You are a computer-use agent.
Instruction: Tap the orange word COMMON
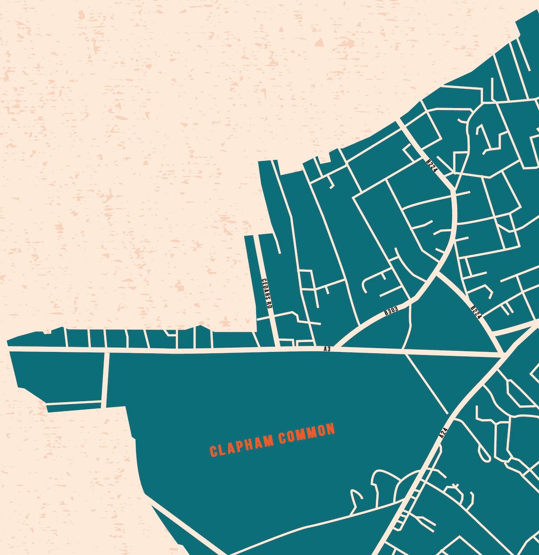coord(307,435)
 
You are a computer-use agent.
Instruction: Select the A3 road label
coord(327,349)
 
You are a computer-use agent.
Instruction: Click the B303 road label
coord(391,311)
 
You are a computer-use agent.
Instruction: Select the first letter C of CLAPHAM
coord(213,451)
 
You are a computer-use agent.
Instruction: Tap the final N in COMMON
coord(331,430)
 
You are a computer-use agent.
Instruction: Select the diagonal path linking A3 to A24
coord(426,384)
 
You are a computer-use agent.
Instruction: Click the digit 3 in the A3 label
coord(329,349)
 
